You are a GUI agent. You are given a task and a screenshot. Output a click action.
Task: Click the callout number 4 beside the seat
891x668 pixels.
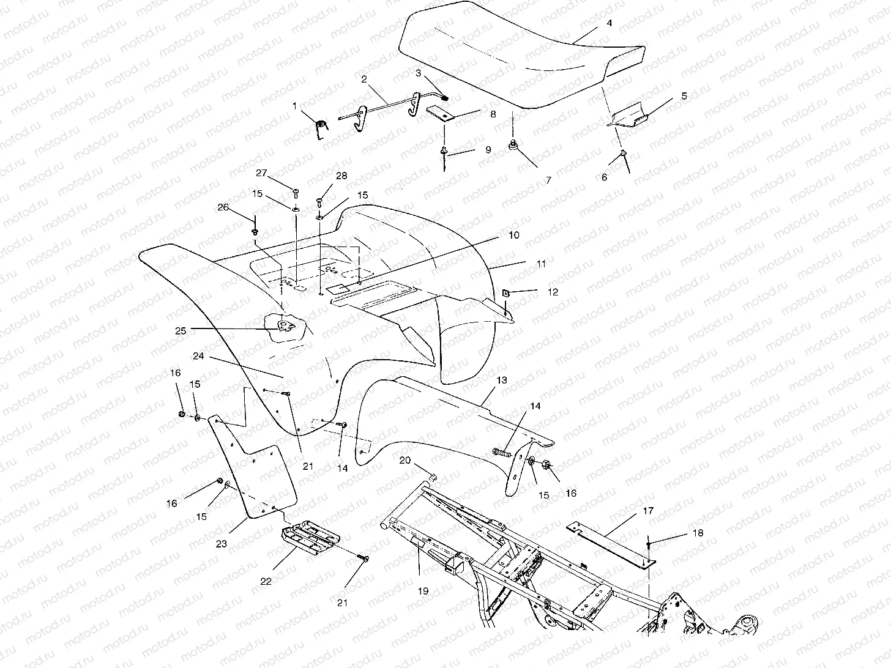click(609, 24)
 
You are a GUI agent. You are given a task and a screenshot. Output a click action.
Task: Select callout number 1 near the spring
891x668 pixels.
click(294, 106)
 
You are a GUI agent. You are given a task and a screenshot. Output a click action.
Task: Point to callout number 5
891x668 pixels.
click(684, 96)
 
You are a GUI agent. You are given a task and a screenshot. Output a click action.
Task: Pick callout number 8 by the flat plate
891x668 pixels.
click(493, 114)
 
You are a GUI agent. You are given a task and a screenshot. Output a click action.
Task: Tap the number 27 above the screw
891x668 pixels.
click(262, 173)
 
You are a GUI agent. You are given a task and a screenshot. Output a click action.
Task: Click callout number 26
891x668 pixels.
click(223, 207)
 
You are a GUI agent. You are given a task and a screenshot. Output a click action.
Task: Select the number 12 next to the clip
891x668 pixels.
click(553, 292)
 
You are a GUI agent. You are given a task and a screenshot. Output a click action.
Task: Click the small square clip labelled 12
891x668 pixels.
click(507, 293)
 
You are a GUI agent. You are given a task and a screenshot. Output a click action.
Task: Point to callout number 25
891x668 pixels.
click(181, 330)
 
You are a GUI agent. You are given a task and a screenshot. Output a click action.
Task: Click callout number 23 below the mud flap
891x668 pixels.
click(221, 543)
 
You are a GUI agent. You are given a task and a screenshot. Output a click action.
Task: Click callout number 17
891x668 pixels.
click(648, 510)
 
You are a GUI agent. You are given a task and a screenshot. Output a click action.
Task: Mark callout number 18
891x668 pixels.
click(698, 533)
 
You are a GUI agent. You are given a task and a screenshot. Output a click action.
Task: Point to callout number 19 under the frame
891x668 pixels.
click(423, 591)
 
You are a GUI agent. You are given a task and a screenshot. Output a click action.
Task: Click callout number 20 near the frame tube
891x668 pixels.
click(404, 460)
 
